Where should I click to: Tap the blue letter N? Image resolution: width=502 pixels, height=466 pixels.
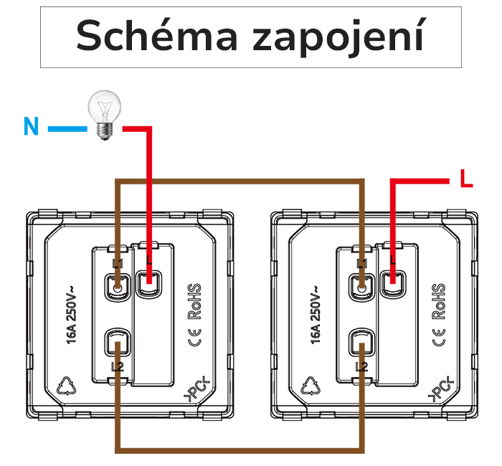pos(30,127)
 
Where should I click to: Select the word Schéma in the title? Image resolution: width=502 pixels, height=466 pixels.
pos(153,36)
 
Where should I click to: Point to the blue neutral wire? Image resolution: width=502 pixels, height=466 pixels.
pos(68,129)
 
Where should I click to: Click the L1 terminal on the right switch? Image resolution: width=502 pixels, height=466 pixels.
pos(361,286)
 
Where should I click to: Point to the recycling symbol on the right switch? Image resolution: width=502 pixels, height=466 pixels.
pos(313,386)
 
